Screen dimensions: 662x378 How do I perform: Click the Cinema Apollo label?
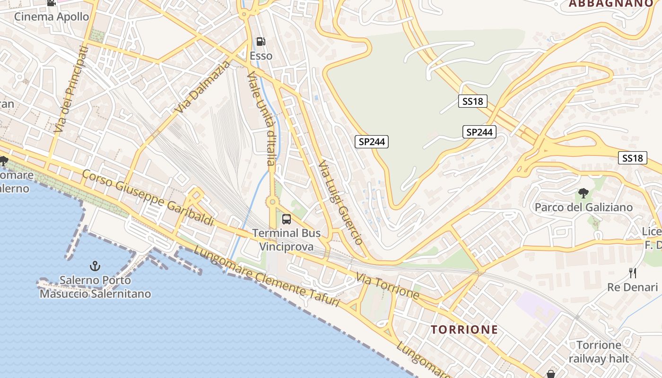(52, 17)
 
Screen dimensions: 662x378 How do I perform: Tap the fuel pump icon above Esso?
(261, 42)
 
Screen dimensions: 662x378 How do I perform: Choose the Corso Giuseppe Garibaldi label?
(147, 197)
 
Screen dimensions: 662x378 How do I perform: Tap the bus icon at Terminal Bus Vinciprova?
(287, 219)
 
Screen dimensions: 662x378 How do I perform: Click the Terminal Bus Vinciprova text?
(287, 240)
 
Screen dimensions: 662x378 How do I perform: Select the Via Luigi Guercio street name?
(340, 202)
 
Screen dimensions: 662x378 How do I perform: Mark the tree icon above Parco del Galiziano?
(583, 193)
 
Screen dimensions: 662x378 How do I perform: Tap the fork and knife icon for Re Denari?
(633, 273)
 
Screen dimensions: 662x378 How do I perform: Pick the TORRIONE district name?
(464, 329)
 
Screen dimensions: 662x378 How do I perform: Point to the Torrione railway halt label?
(599, 352)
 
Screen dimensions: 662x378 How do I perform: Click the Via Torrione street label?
(388, 285)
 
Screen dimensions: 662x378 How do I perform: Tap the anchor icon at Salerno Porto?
(95, 266)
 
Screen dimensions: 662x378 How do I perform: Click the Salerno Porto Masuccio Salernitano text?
(95, 287)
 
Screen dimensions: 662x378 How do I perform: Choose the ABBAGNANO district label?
(610, 4)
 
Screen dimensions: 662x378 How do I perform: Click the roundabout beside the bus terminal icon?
(272, 202)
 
